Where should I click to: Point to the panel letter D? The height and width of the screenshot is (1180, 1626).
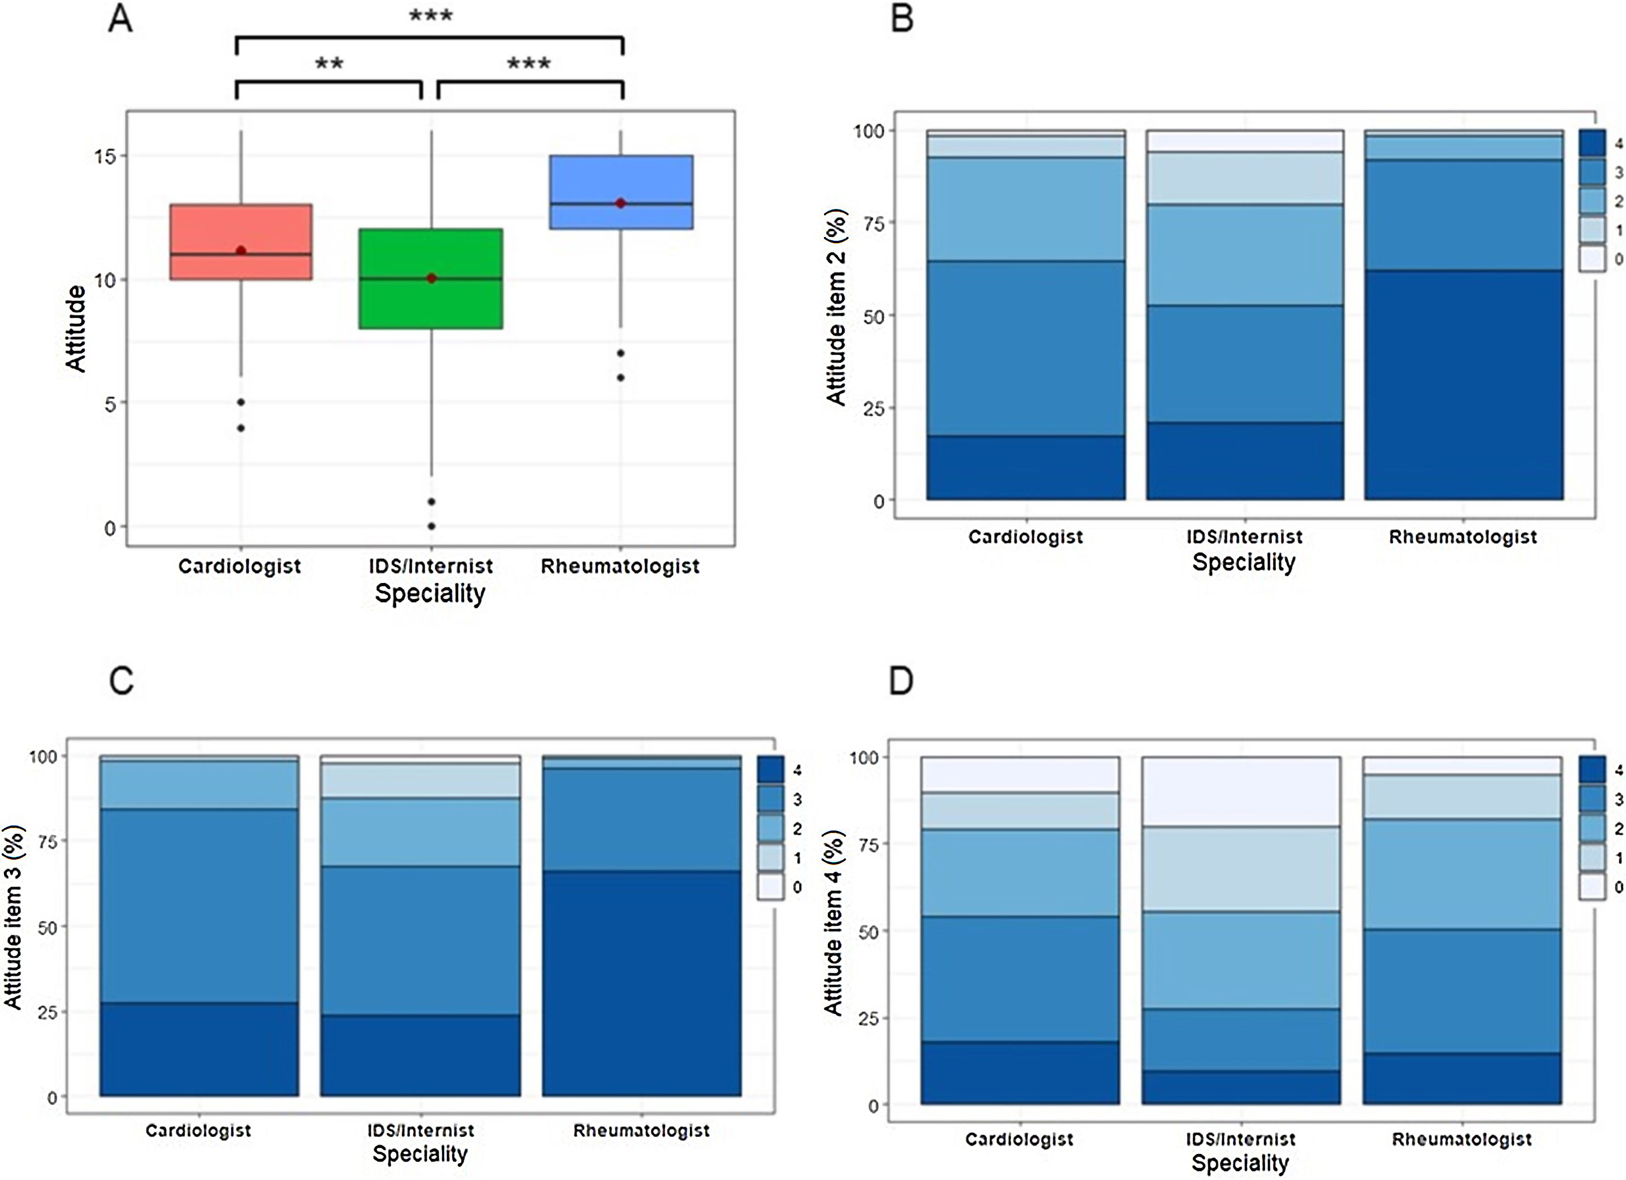pyautogui.click(x=901, y=680)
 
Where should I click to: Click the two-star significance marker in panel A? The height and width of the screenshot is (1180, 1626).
pyautogui.click(x=329, y=64)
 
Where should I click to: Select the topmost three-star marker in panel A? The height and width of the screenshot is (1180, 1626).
pyautogui.click(x=431, y=16)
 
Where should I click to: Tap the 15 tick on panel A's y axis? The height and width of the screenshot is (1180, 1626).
pyautogui.click(x=105, y=156)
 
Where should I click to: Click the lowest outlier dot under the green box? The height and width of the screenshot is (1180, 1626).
pyautogui.click(x=432, y=526)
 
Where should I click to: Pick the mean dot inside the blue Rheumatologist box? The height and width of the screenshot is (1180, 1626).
pyautogui.click(x=621, y=204)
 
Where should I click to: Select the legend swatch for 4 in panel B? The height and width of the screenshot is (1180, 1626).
pyautogui.click(x=1592, y=143)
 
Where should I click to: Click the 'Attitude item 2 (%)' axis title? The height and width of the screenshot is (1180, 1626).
pyautogui.click(x=836, y=307)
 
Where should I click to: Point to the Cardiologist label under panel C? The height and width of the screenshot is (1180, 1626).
pyautogui.click(x=199, y=1131)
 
